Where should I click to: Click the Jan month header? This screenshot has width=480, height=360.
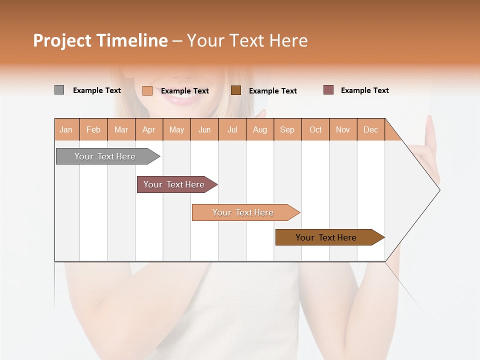point(66,129)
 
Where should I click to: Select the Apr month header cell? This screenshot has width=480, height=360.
point(149,129)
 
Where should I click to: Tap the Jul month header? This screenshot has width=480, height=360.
point(232,129)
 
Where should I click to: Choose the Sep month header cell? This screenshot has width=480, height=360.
point(287,129)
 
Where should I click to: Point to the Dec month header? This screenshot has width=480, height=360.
point(370,129)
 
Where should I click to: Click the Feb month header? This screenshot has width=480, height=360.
point(93,129)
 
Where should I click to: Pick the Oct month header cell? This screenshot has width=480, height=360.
point(315,129)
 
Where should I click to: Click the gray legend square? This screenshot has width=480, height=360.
point(59,90)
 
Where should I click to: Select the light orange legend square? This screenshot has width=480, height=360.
point(147,90)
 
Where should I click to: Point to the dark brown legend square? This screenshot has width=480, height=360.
point(236,90)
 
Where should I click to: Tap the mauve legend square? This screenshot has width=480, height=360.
point(328,90)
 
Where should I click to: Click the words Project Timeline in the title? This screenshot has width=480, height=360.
point(100,40)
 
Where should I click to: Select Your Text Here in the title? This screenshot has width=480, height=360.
point(247,40)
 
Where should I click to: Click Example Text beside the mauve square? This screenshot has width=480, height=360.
point(364,90)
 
